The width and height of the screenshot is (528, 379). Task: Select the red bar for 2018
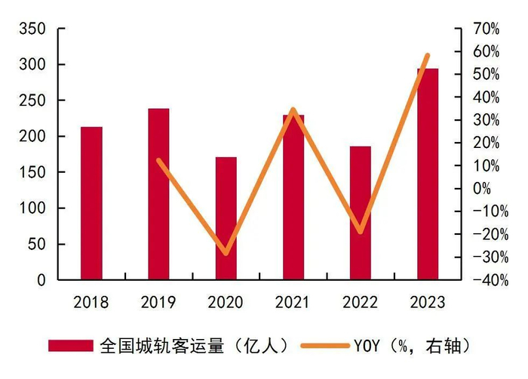(x=91, y=203)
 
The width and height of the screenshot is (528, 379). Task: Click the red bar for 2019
(x=158, y=194)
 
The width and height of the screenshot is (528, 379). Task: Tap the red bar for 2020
(x=226, y=218)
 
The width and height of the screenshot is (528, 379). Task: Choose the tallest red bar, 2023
(x=428, y=174)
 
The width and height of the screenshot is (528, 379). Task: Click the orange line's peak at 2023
(x=428, y=55)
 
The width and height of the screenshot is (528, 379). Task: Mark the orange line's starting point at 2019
(x=158, y=160)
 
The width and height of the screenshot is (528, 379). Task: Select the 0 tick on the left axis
(x=41, y=280)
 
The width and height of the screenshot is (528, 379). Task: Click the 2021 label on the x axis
(x=293, y=303)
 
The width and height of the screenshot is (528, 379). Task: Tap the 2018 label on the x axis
(x=91, y=303)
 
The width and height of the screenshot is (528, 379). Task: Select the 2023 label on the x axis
(x=428, y=303)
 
